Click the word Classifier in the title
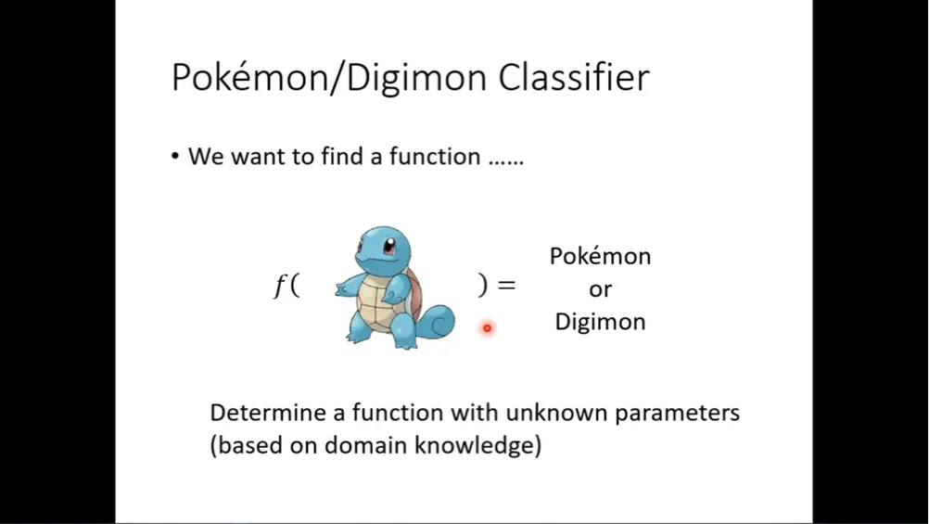click(574, 78)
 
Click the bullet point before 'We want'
click(175, 157)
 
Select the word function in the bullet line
click(434, 157)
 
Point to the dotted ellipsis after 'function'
click(506, 162)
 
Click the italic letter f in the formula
click(278, 287)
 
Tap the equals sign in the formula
click(506, 286)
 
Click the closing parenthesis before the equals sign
click(482, 286)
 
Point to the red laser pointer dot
click(487, 327)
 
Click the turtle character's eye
click(389, 246)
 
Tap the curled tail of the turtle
click(438, 322)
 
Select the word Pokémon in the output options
click(600, 256)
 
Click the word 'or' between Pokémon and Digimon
click(600, 290)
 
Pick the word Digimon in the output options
click(600, 322)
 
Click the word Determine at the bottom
click(268, 413)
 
